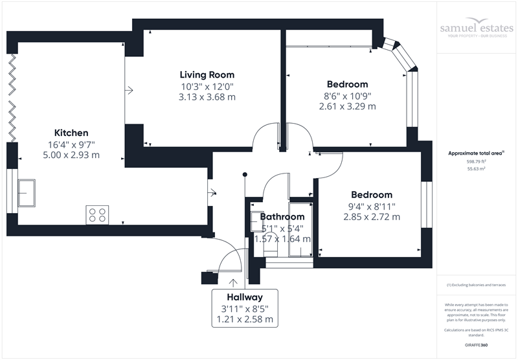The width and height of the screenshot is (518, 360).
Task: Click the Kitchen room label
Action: [x=71, y=133]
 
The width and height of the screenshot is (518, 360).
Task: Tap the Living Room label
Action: [x=207, y=74]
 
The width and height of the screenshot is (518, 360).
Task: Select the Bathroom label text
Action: [x=282, y=216]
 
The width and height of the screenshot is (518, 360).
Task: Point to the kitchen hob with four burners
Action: [x=97, y=215]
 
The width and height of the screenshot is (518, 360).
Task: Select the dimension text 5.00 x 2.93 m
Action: [x=71, y=156]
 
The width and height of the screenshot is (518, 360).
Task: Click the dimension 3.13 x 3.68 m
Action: [x=207, y=97]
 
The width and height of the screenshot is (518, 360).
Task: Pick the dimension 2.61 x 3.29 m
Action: [x=348, y=107]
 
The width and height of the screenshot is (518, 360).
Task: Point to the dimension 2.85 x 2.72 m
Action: [x=372, y=217]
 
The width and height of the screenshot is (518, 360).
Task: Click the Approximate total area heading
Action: [x=476, y=153]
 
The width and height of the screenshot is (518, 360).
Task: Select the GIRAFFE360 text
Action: [x=477, y=346]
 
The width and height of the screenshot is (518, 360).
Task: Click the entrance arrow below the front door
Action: [x=232, y=282]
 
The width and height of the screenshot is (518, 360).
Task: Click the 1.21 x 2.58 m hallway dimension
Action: [x=245, y=319]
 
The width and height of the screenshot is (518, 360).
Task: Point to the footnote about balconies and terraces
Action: [x=477, y=285]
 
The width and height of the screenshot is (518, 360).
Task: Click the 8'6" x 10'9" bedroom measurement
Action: [x=348, y=96]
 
